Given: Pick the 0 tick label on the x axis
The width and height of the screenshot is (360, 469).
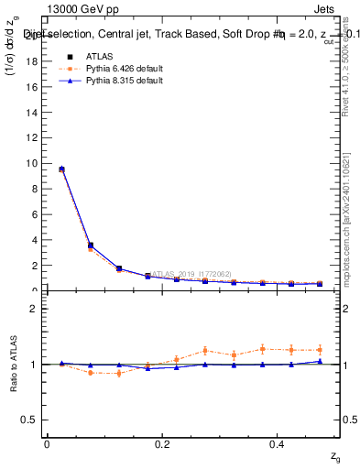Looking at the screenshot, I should point(47,444).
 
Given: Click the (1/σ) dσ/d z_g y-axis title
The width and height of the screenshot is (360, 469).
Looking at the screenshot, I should point(12,59).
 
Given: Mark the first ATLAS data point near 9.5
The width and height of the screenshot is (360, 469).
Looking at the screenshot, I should point(61,169).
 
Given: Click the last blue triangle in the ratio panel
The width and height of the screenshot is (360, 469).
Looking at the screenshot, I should point(321,361).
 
